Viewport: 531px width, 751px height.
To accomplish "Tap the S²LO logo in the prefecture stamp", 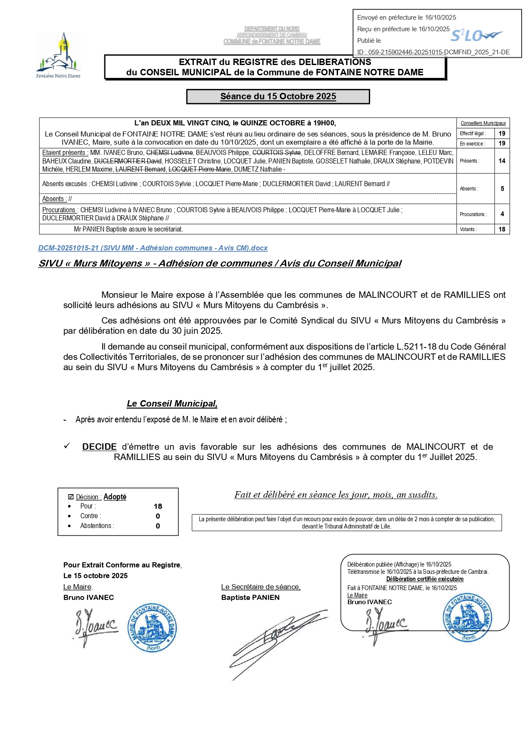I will point(476,36).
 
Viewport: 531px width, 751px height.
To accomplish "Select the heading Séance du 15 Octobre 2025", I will point(278,96).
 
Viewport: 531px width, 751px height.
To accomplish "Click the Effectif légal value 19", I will point(502,134).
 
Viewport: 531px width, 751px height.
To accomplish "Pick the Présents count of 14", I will point(502,161).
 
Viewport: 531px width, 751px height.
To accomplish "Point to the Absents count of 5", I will point(502,189).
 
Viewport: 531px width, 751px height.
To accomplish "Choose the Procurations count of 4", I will point(502,214).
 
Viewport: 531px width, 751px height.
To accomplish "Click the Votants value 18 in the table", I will point(502,229).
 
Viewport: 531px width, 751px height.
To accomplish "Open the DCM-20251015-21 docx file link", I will point(153,248).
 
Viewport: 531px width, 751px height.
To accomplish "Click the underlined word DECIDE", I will point(99,447).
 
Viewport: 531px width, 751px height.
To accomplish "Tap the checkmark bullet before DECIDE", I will point(67,446).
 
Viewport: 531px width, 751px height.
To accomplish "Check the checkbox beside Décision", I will point(71,497).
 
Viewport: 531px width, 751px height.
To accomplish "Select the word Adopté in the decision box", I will point(115,497).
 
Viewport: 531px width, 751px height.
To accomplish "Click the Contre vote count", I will point(158,516).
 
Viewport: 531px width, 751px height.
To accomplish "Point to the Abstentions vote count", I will point(158,526).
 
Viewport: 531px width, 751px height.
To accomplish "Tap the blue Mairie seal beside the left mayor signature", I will point(152,628).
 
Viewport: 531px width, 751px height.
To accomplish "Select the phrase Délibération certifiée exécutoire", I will point(424,579).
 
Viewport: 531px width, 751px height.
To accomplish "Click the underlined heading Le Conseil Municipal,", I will point(172,404).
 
